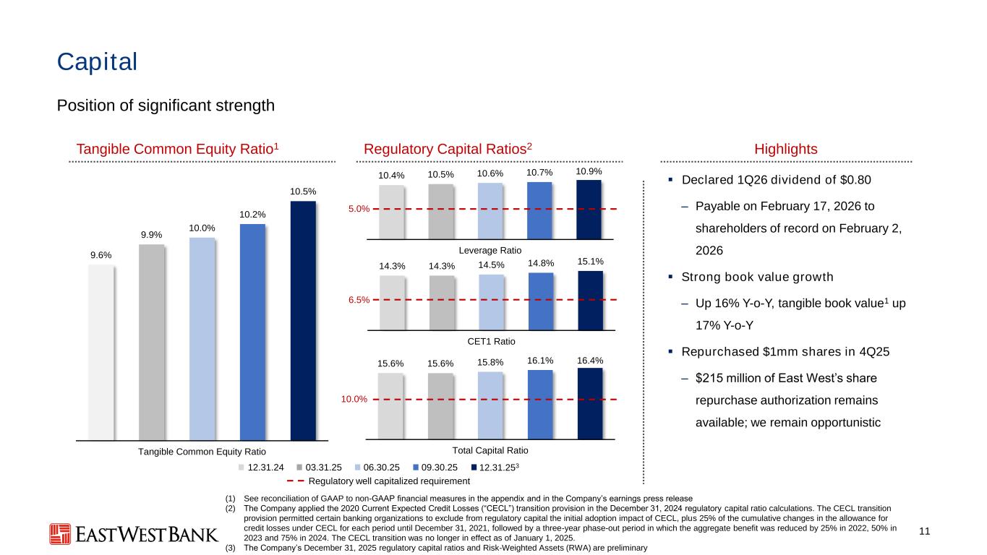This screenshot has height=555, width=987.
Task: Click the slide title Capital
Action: pos(97,62)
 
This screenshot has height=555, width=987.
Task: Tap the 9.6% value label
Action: pos(101,254)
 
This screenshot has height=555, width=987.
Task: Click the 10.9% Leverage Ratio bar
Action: pos(589,209)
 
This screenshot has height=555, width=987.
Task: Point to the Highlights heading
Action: pos(785,149)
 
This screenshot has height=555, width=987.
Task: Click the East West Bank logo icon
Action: pos(60,533)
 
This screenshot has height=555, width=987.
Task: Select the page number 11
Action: pos(923,532)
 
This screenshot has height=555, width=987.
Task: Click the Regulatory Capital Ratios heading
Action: pos(448,149)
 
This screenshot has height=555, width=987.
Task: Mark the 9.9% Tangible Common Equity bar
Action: pos(151,342)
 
